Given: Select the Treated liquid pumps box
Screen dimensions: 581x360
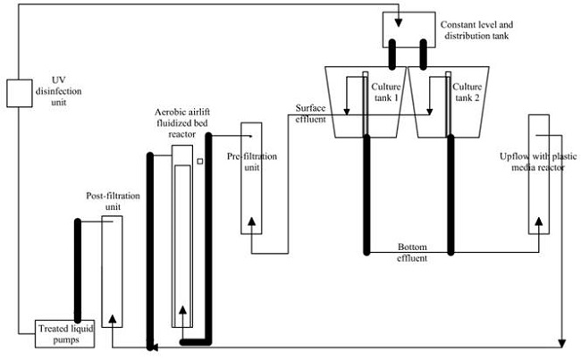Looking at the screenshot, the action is [65, 334].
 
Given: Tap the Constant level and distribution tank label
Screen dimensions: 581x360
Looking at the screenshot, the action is [476, 30].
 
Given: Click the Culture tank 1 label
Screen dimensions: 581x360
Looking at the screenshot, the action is [386, 92].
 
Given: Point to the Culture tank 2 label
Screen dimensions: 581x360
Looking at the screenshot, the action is [467, 92].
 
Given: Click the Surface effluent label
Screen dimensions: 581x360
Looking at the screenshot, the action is [310, 113].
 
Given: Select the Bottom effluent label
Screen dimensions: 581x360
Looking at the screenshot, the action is [412, 252].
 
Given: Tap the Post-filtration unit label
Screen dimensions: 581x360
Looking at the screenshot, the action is [113, 201].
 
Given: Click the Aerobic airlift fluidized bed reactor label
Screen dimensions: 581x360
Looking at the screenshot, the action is [182, 123].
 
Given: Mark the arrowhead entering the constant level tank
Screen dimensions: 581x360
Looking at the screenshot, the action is [399, 22].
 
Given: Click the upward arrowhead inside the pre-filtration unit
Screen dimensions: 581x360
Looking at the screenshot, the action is [251, 222].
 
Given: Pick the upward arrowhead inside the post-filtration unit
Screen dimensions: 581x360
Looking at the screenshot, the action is [113, 319].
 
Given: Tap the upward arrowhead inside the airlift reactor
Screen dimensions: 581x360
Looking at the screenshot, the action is [182, 310].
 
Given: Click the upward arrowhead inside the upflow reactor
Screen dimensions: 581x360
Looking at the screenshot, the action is [539, 222].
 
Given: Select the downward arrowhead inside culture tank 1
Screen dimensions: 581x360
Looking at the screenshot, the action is [347, 111].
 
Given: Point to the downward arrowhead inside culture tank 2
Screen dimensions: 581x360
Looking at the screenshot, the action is [429, 111].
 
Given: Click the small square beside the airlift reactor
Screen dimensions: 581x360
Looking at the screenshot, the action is [200, 162].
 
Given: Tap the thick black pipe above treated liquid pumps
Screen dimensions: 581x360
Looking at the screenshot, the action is [78, 271].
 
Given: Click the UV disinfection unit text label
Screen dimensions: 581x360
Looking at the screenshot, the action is [58, 91].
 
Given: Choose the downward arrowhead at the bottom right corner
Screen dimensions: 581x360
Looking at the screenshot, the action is [562, 343].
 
